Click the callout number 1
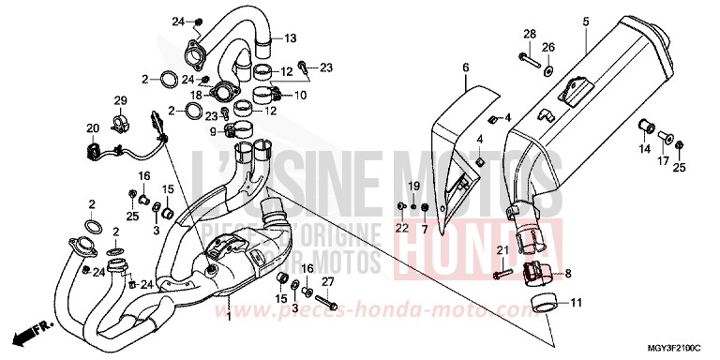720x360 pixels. pyautogui.click(x=227, y=318)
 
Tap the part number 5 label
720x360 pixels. pyautogui.click(x=585, y=21)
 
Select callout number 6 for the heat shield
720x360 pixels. pyautogui.click(x=464, y=67)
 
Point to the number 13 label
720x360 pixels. pyautogui.click(x=290, y=38)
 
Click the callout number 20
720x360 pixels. pyautogui.click(x=92, y=128)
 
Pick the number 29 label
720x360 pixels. pyautogui.click(x=120, y=100)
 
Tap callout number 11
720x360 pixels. pyautogui.click(x=576, y=303)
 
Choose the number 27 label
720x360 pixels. pyautogui.click(x=327, y=281)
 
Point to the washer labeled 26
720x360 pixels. pyautogui.click(x=549, y=71)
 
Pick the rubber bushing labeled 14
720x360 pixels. pyautogui.click(x=647, y=127)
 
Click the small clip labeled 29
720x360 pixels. pyautogui.click(x=121, y=119)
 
